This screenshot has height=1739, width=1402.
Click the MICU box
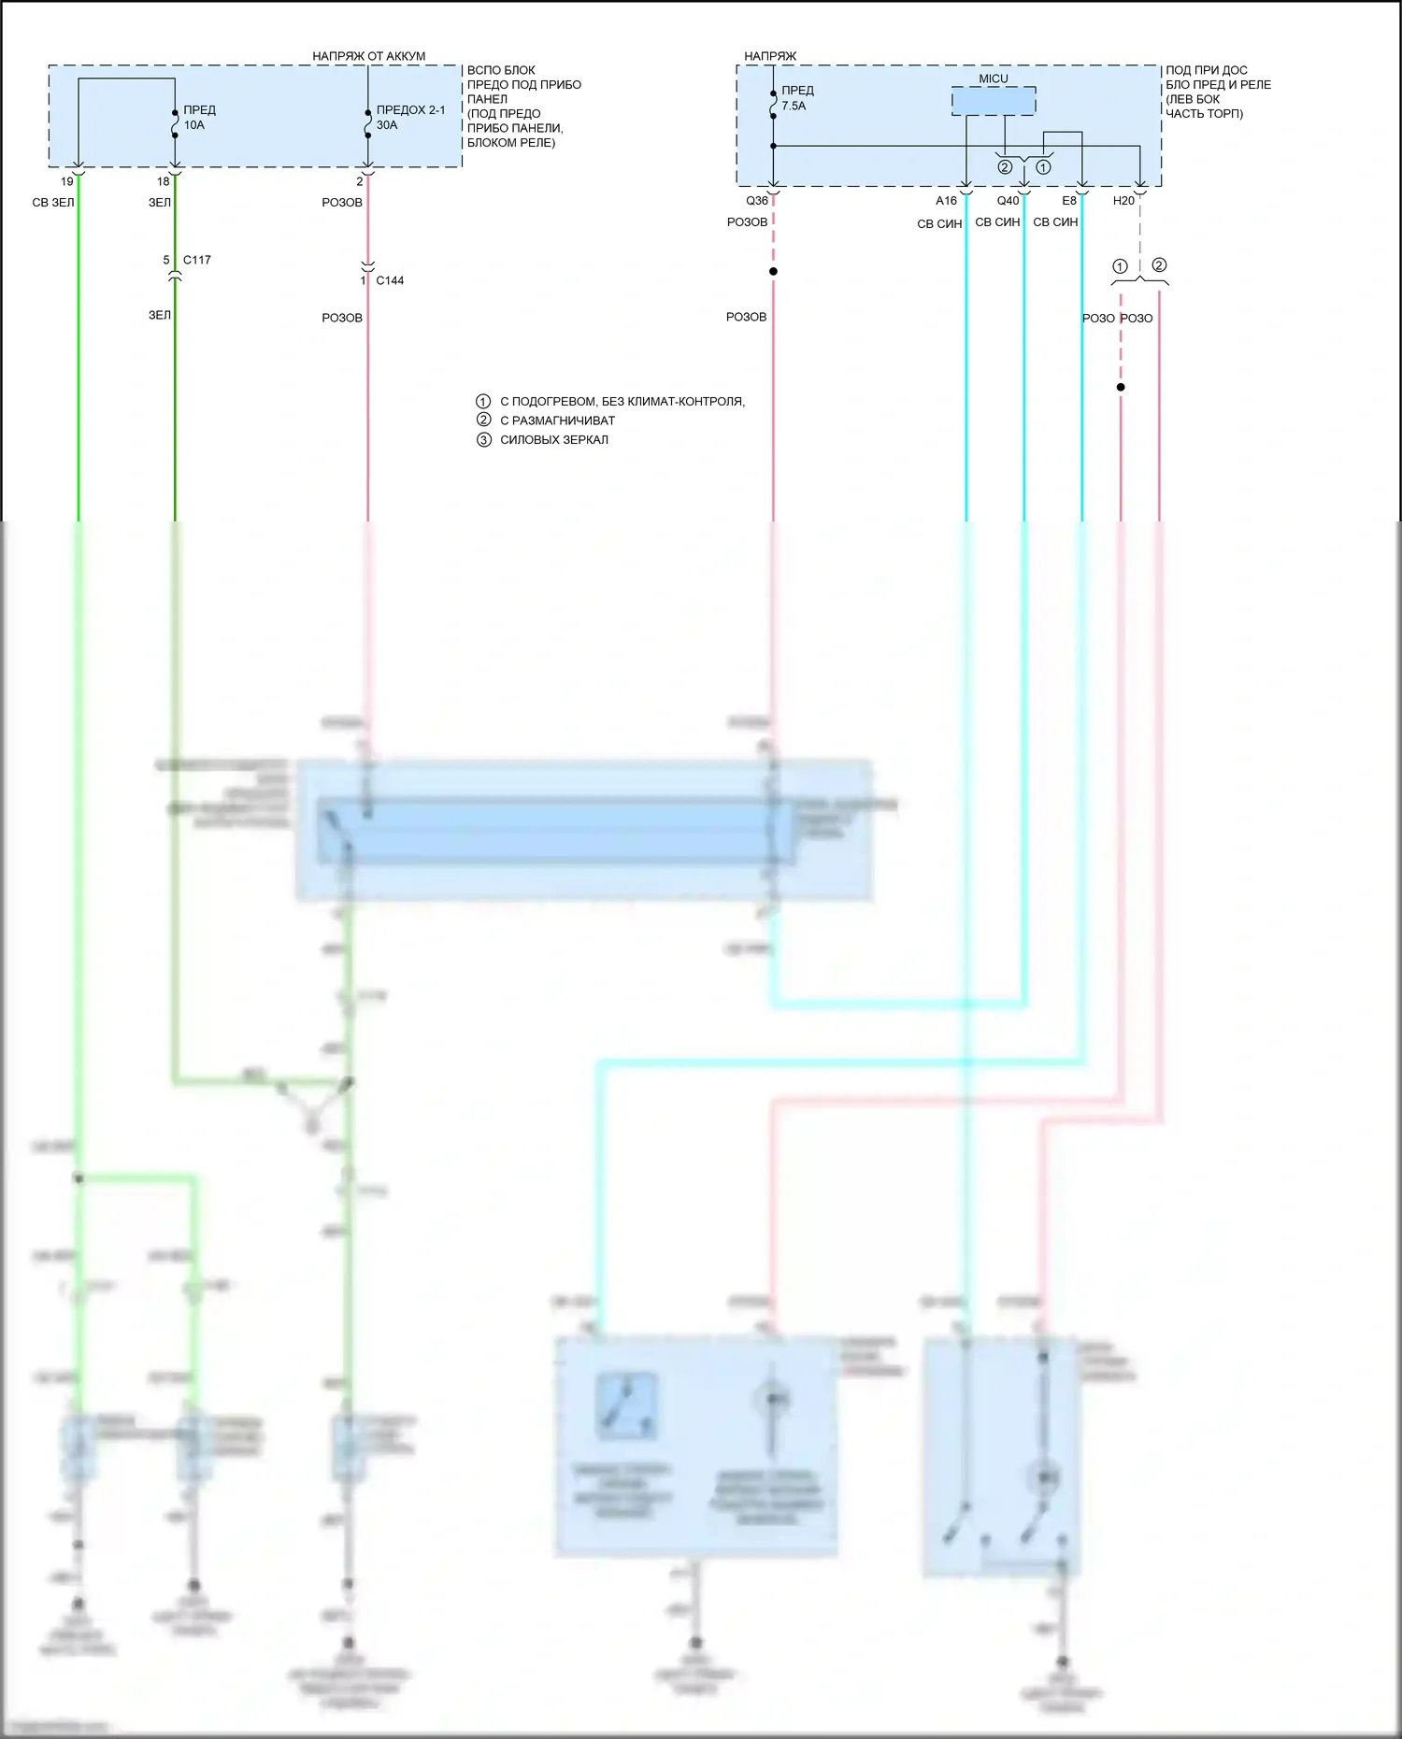pyautogui.click(x=994, y=100)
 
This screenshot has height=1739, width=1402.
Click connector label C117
pyautogui.click(x=196, y=260)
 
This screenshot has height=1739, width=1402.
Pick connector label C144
pyautogui.click(x=390, y=280)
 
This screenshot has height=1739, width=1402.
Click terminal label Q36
pyautogui.click(x=757, y=201)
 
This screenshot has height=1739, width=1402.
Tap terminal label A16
pyautogui.click(x=946, y=201)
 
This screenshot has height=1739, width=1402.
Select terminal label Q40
pyautogui.click(x=1008, y=201)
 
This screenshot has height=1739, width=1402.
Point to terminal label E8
pyautogui.click(x=1069, y=201)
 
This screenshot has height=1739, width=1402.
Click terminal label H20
pyautogui.click(x=1123, y=201)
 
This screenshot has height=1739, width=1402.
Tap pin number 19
pyautogui.click(x=67, y=182)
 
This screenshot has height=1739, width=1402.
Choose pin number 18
pyautogui.click(x=164, y=182)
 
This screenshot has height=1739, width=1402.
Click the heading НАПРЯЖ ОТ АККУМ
pyautogui.click(x=368, y=56)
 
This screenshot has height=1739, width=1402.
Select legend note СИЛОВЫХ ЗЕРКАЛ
pyautogui.click(x=553, y=440)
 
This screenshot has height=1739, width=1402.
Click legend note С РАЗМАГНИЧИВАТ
pyautogui.click(x=557, y=420)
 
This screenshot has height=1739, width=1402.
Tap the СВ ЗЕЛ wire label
pyautogui.click(x=52, y=203)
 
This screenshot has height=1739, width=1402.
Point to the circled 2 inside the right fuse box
pyautogui.click(x=1005, y=167)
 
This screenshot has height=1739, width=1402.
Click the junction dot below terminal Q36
pyautogui.click(x=773, y=272)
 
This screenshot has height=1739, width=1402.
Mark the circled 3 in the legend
pyautogui.click(x=483, y=440)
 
